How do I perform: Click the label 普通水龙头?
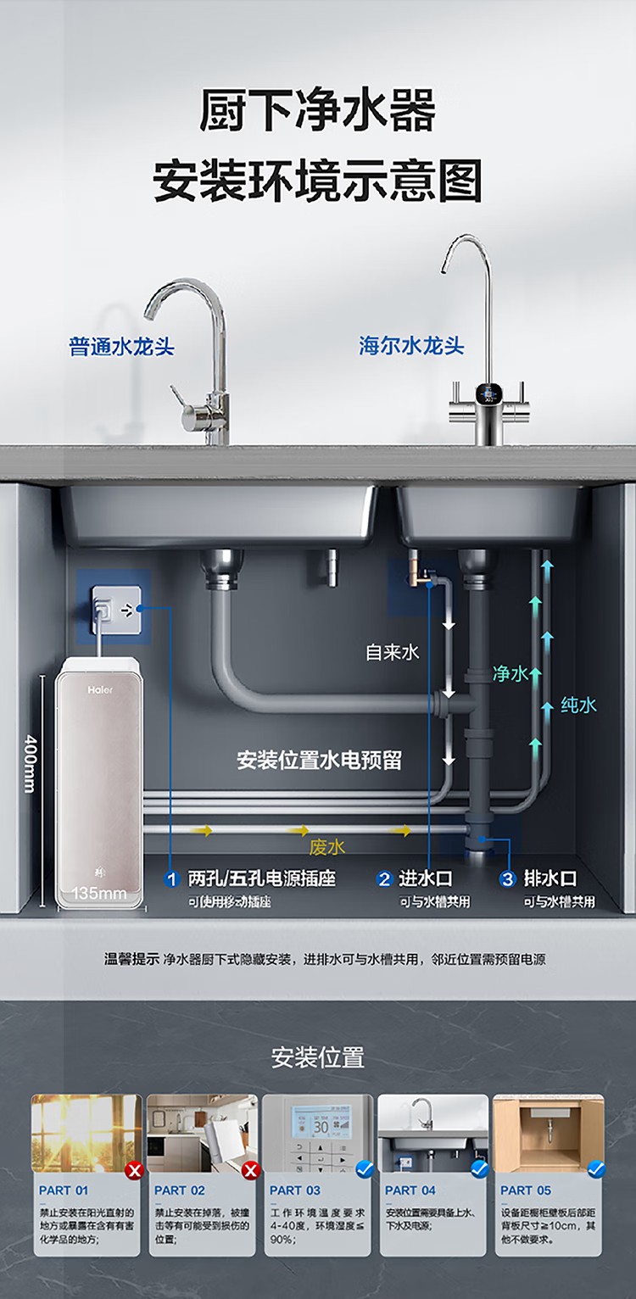coord(121,347)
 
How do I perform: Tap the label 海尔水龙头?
coord(411,346)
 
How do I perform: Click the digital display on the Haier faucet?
coord(488,393)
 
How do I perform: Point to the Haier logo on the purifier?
coord(100,689)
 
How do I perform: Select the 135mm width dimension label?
coord(99,893)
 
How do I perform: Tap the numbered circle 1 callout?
coord(171,879)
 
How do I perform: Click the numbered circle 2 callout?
coord(384,879)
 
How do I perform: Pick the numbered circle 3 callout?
coord(507,879)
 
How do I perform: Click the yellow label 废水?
coord(326,846)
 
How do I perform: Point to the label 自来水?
coord(393,652)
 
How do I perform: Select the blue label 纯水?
coord(578,705)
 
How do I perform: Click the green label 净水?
coord(510,674)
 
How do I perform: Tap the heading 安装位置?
coord(318,1057)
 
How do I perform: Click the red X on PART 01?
coord(133,1171)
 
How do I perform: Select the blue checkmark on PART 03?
coord(365,1170)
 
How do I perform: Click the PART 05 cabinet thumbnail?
coord(548,1133)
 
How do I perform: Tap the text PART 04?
coord(410,1190)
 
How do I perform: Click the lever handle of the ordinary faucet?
coord(181,399)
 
